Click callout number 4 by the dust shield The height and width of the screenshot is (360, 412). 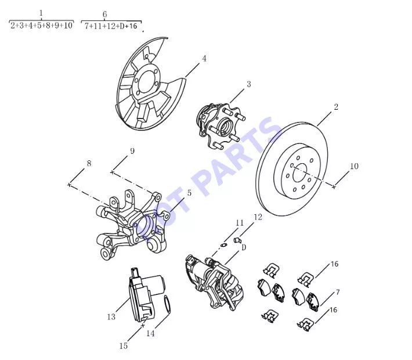pos(204,59)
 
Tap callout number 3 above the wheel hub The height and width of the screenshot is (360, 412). pos(248,84)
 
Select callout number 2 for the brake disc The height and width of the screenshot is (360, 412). pos(336,107)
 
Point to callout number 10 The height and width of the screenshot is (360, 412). pos(354,166)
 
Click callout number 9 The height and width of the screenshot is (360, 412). pos(132,151)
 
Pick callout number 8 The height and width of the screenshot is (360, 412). pos(89,163)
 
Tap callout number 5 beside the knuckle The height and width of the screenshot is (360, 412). pos(189,193)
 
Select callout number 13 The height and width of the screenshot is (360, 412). pos(111,317)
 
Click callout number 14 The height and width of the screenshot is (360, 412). pos(150,333)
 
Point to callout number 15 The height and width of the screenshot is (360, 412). pos(123,346)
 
